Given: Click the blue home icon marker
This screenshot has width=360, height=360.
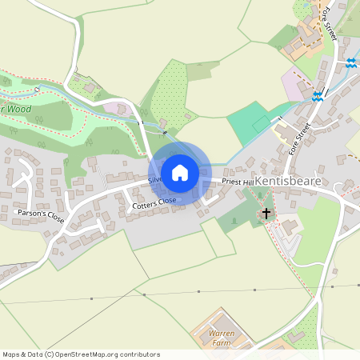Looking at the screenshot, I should pyautogui.click(x=179, y=173).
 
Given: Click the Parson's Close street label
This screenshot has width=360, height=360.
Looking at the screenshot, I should pyautogui.click(x=40, y=216).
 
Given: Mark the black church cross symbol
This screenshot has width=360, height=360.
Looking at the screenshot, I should pyautogui.click(x=266, y=214).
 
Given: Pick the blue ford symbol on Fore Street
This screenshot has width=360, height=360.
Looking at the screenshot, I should pyautogui.click(x=318, y=96).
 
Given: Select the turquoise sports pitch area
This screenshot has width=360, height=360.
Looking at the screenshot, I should pyautogui.click(x=250, y=122).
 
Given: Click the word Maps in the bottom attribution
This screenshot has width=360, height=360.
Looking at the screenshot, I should pyautogui.click(x=11, y=354).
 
